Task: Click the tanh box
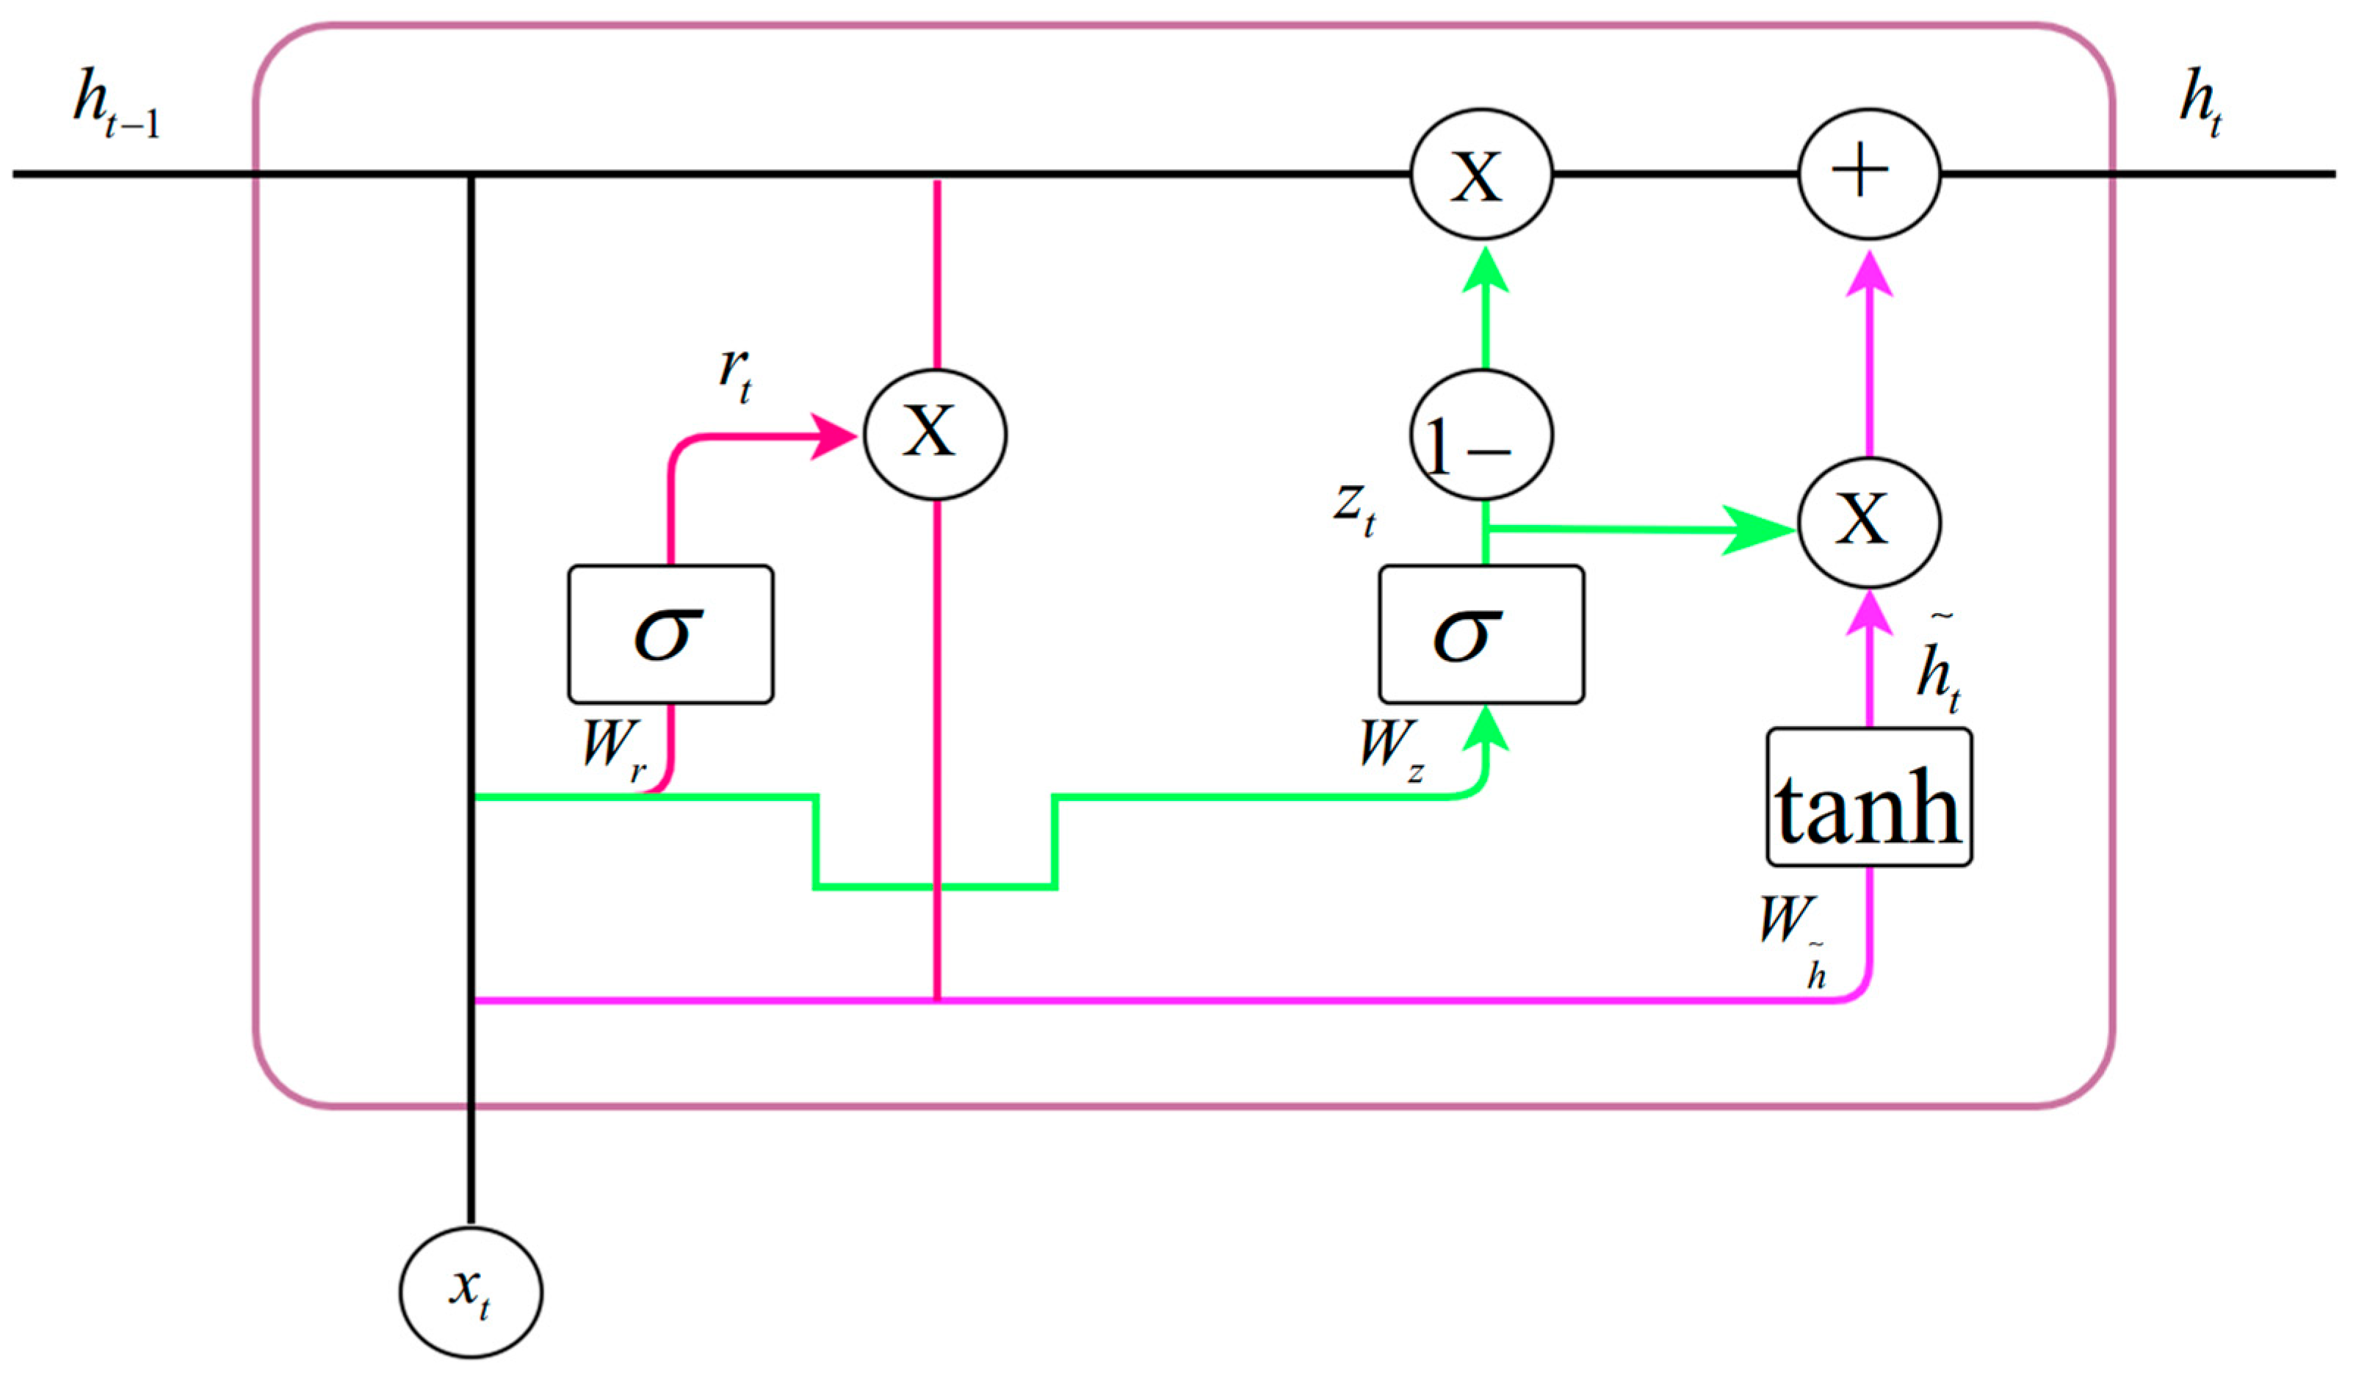[1868, 798]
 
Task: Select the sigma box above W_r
[671, 634]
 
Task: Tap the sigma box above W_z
[1481, 634]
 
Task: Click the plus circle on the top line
[1868, 173]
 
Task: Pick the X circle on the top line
[1481, 173]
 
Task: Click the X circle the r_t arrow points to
[935, 434]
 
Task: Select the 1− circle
[1481, 435]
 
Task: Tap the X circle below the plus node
[1868, 522]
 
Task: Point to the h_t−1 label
[117, 104]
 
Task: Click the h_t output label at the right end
[2201, 104]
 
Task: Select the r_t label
[735, 375]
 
